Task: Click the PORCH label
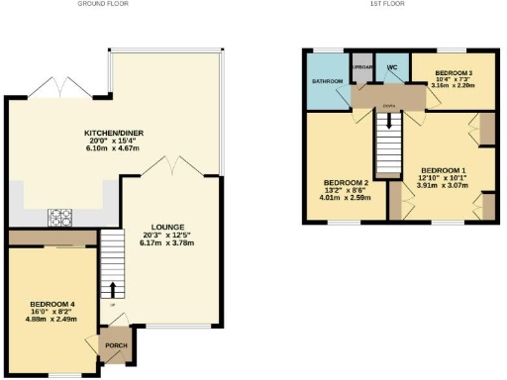pos(119,346)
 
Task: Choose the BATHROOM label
pos(328,80)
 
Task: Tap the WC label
pos(391,67)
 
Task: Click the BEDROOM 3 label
pos(453,73)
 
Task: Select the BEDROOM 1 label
pos(436,168)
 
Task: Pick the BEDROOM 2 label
pos(346,183)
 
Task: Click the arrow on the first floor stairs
pos(388,122)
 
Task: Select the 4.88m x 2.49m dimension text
pos(51,320)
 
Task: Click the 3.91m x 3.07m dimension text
pos(436,185)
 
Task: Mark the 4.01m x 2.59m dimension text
pos(346,199)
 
